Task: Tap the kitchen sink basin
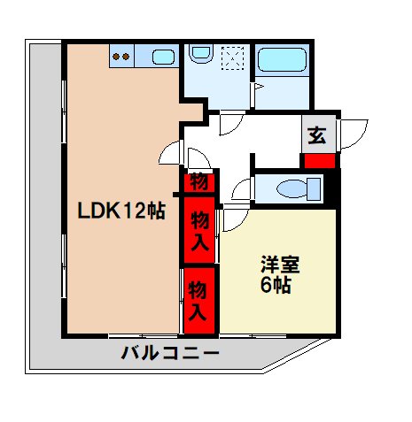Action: (162, 58)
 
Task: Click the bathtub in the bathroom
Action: (280, 61)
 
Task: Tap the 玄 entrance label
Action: (316, 136)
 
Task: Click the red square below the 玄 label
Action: (319, 161)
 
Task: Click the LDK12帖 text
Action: (120, 211)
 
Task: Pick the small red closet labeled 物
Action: (198, 183)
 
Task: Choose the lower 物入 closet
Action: (199, 301)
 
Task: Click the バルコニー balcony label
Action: (170, 355)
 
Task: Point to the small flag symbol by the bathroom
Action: (256, 88)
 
